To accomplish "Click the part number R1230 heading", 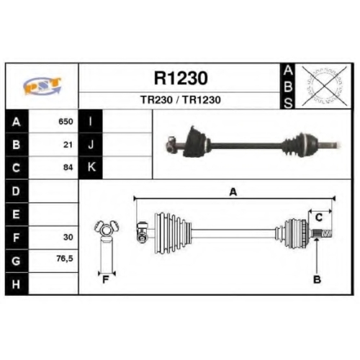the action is pyautogui.click(x=181, y=78).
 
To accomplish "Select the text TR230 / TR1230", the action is pyautogui.click(x=181, y=100).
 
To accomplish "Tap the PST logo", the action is pyautogui.click(x=42, y=86).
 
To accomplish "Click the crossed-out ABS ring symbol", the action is pyautogui.click(x=325, y=86).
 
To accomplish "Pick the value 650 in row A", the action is pyautogui.click(x=66, y=122).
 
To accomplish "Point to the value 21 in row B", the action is pyautogui.click(x=68, y=145).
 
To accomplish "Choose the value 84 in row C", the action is pyautogui.click(x=68, y=167).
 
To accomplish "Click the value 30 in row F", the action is pyautogui.click(x=68, y=237).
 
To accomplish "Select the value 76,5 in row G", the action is pyautogui.click(x=65, y=258).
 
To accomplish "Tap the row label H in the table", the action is pyautogui.click(x=16, y=284).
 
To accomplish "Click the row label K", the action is pyautogui.click(x=91, y=167).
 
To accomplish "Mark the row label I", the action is pyautogui.click(x=90, y=122).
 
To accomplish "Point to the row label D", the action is pyautogui.click(x=16, y=192).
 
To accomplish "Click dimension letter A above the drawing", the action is pyautogui.click(x=233, y=192).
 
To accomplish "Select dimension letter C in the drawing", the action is pyautogui.click(x=319, y=217).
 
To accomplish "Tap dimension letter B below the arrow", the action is pyautogui.click(x=317, y=279).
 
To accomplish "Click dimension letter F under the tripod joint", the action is pyautogui.click(x=106, y=279).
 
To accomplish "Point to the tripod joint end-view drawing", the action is pyautogui.click(x=107, y=247).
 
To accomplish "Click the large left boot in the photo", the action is pyautogui.click(x=196, y=142).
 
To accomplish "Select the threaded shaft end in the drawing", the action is pyautogui.click(x=327, y=233).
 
